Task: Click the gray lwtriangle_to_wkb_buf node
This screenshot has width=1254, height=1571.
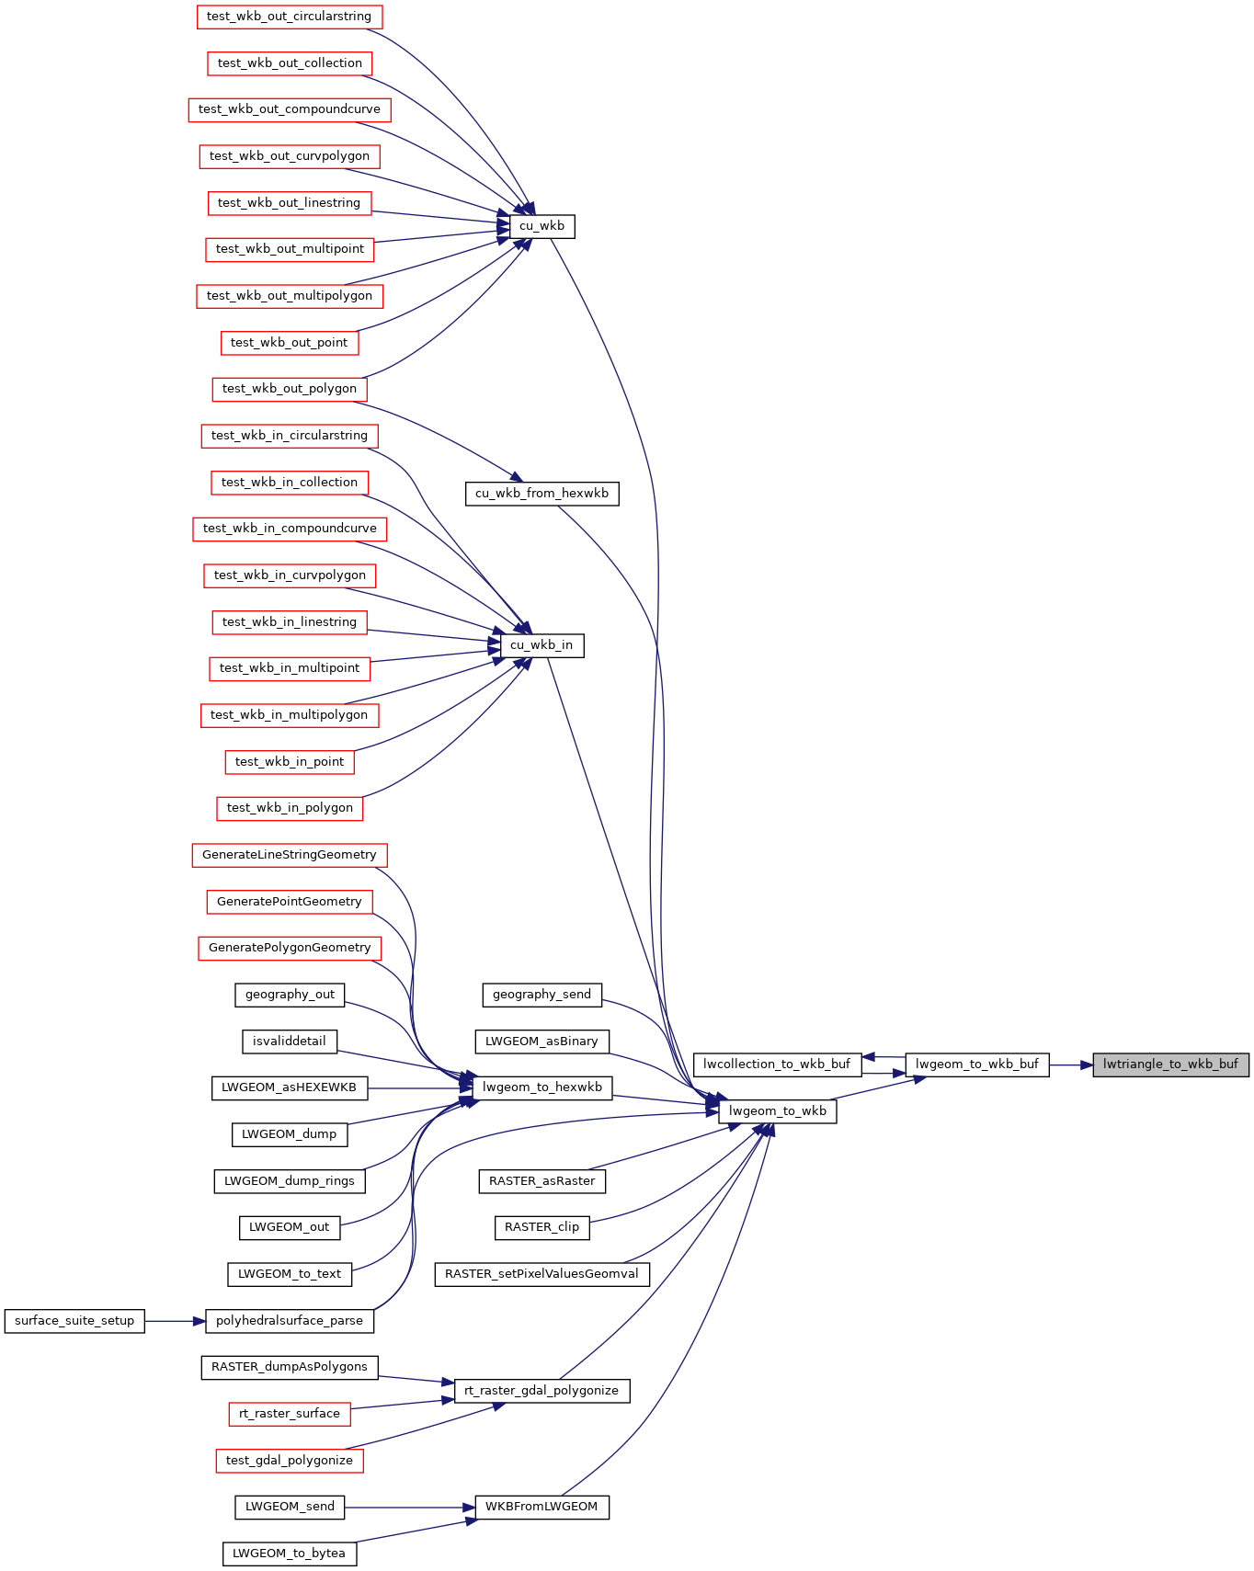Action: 1170,1064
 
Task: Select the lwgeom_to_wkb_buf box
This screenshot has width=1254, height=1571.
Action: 977,1064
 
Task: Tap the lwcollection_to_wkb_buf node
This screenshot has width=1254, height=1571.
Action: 777,1064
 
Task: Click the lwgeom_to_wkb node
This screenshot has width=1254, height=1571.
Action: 778,1111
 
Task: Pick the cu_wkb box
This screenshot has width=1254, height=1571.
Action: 542,226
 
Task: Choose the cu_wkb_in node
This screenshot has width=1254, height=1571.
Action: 541,645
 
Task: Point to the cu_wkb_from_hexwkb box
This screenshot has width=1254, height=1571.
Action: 542,494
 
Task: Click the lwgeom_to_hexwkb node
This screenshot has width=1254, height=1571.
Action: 542,1087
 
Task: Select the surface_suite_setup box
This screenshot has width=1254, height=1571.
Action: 74,1321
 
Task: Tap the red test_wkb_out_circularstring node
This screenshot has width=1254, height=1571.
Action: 290,17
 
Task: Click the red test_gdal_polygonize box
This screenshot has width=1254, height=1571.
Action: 290,1461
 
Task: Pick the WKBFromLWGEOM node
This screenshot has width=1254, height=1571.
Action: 541,1508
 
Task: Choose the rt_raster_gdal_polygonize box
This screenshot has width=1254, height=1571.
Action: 541,1391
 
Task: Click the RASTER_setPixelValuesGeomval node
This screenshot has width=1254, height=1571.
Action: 542,1274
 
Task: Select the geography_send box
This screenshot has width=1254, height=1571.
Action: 542,995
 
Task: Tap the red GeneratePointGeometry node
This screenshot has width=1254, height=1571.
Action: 290,902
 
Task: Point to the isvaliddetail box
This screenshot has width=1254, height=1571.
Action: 290,1042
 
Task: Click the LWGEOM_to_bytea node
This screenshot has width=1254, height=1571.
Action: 290,1554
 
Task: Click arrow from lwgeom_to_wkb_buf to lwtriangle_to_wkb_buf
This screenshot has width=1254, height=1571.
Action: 1071,1064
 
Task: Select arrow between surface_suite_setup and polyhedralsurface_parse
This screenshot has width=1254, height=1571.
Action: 175,1321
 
